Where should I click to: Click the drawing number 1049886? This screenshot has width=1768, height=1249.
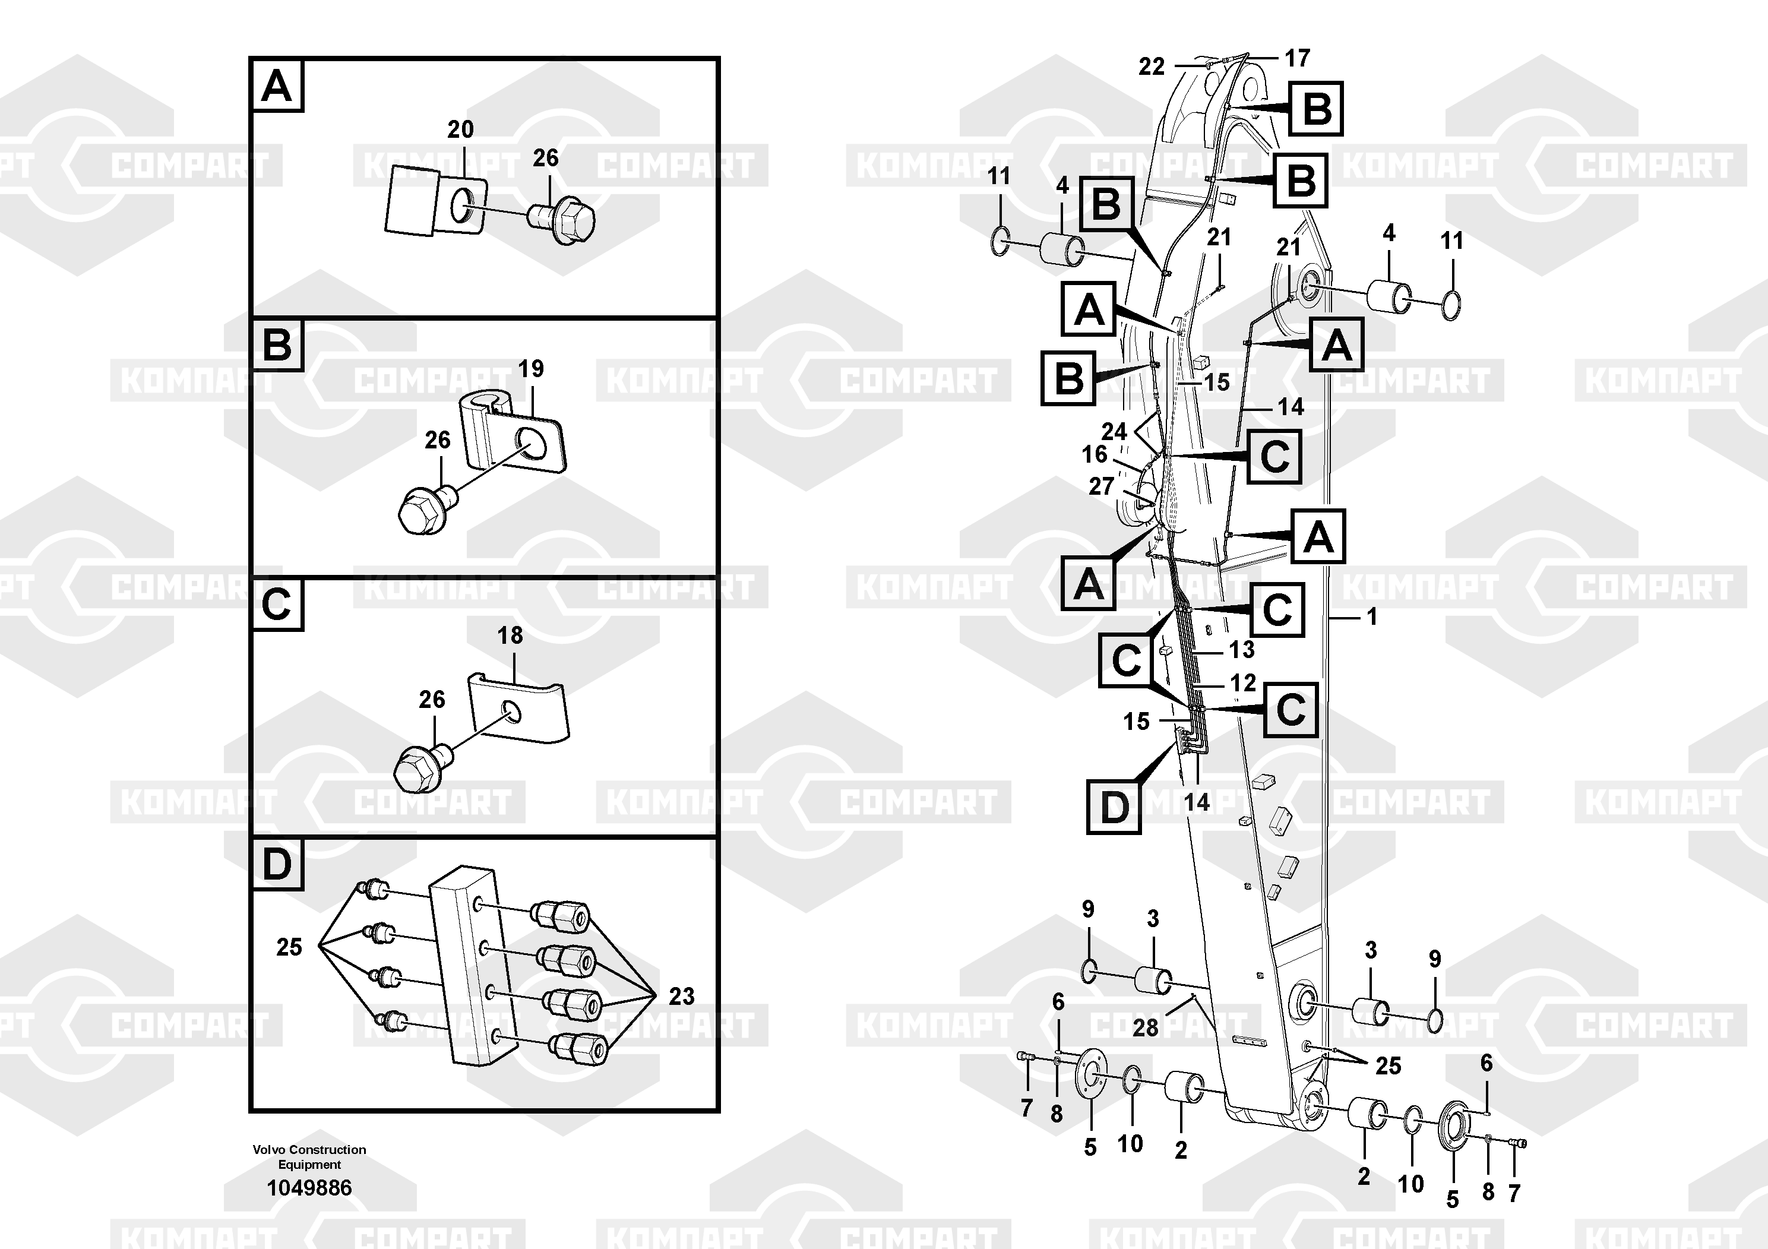309,1188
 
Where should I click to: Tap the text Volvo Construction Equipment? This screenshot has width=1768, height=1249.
309,1156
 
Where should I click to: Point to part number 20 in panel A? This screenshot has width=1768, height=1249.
460,129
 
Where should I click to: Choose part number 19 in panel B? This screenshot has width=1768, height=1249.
530,369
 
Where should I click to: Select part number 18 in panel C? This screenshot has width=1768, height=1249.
510,635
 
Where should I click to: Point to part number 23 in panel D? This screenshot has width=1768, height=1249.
681,997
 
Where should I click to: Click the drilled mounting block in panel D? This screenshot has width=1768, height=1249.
465,963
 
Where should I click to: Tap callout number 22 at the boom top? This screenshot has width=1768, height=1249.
1152,67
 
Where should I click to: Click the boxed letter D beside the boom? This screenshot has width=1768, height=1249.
1114,807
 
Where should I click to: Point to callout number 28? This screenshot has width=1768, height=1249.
1146,1027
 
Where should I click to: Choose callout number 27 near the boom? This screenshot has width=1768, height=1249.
1101,486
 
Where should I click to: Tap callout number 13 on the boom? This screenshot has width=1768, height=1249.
1241,650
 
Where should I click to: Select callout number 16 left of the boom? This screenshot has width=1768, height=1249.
1094,454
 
